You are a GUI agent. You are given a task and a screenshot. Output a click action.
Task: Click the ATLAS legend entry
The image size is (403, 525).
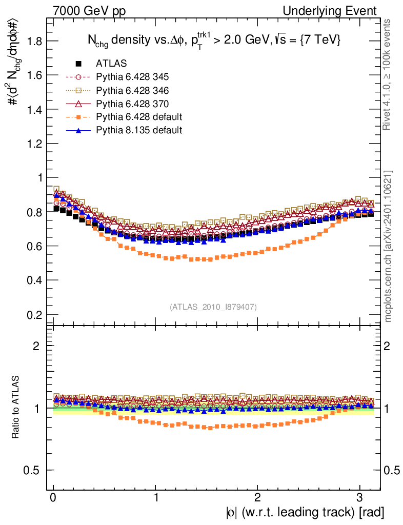tap(111, 64)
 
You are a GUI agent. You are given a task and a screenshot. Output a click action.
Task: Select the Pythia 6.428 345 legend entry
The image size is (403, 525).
tap(132, 77)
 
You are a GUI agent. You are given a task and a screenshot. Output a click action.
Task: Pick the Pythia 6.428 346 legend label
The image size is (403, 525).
tap(132, 90)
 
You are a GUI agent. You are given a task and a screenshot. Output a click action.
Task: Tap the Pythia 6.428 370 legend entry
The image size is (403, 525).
tap(132, 104)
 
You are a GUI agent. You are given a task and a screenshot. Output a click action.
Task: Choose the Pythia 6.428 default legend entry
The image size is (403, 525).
tap(139, 117)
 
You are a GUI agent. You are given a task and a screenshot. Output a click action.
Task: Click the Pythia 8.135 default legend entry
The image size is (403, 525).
tap(139, 130)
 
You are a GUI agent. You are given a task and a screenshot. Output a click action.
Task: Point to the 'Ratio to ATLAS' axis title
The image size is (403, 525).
tap(16, 408)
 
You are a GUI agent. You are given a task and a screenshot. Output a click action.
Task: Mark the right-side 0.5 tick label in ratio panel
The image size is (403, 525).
tap(392, 470)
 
